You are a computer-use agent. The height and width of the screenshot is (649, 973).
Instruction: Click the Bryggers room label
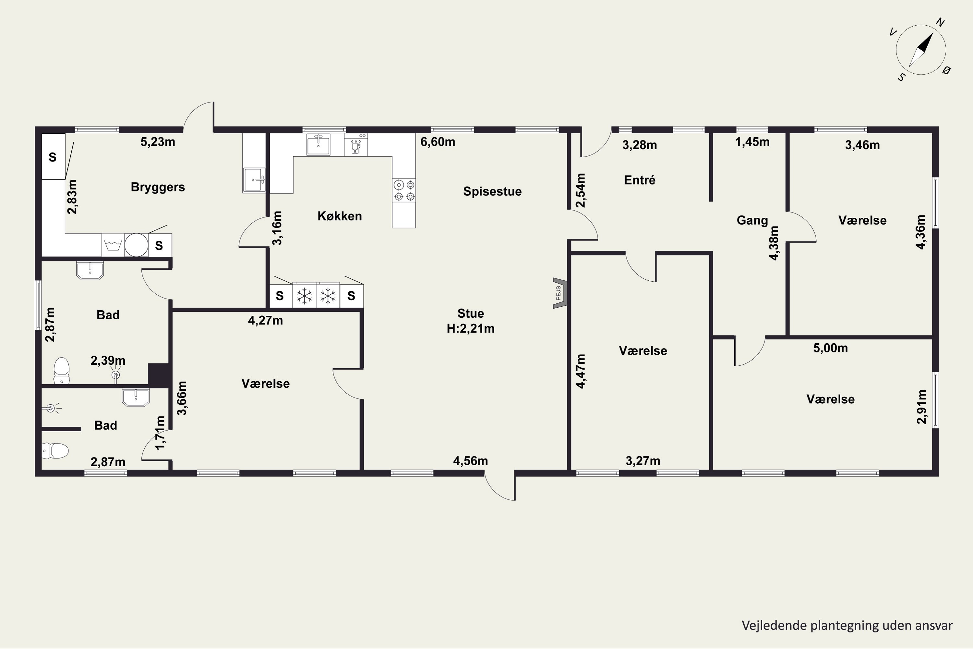point(158,187)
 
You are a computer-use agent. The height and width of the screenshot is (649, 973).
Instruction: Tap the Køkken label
point(340,216)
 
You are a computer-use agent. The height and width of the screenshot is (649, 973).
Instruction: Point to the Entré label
point(640,180)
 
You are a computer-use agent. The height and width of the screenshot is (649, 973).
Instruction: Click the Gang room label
point(752,220)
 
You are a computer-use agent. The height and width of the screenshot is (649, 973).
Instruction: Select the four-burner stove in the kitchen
point(404,190)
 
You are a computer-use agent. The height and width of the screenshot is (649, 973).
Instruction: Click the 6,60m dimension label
point(438,142)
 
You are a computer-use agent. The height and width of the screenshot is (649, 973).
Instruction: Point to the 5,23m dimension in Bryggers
point(158,142)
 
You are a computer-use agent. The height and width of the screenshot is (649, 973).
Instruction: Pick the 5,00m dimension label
point(830,348)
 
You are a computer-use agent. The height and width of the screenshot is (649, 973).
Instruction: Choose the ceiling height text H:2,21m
point(470,329)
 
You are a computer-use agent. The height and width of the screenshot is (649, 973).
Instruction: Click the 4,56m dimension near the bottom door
point(470,461)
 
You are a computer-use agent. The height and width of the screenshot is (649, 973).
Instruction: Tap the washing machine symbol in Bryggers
point(113,245)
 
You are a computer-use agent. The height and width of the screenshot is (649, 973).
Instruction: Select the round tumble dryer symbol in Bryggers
point(136,245)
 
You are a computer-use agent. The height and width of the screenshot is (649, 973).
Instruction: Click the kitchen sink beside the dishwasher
point(318,144)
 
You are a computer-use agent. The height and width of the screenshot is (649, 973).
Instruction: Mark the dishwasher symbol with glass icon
point(356,144)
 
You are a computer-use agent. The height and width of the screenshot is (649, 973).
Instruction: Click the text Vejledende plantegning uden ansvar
point(847,625)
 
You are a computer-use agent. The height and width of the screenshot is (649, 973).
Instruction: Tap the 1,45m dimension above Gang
point(752,142)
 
